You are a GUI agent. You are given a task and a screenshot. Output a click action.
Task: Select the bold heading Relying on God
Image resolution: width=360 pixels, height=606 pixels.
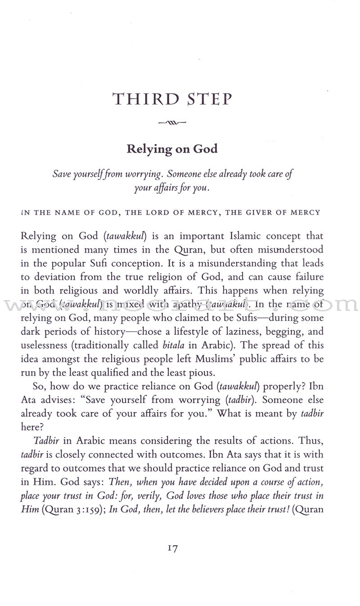(x=172, y=148)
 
